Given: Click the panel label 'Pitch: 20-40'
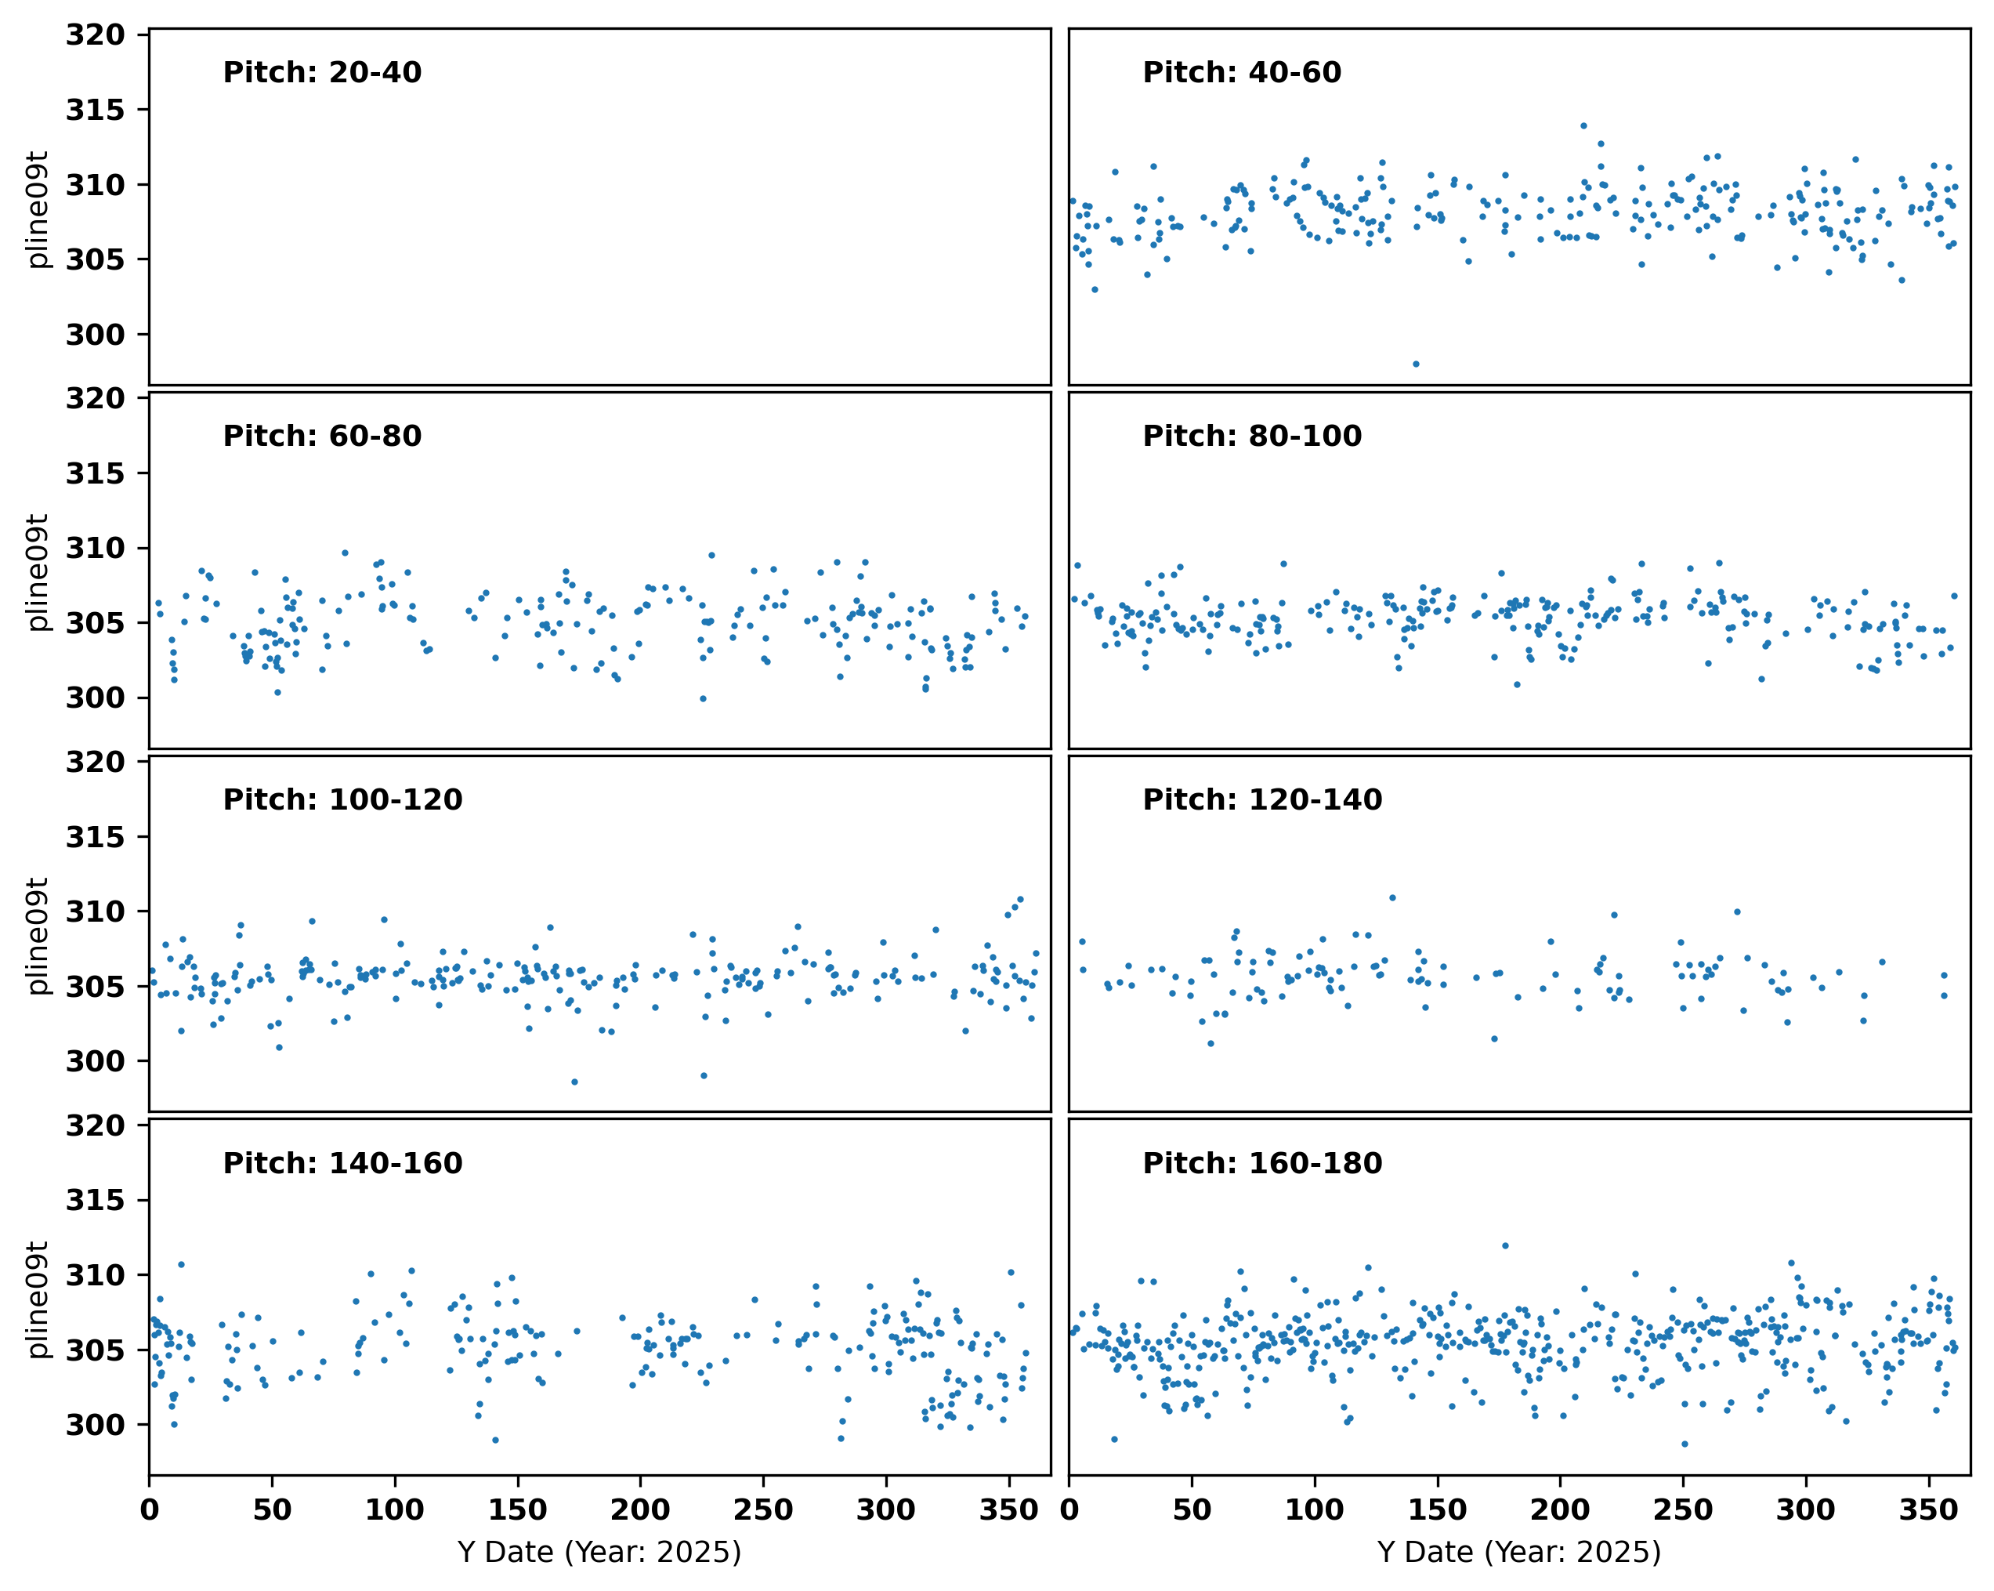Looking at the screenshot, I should (x=322, y=72).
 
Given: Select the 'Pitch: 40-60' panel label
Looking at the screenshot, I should (x=1241, y=72).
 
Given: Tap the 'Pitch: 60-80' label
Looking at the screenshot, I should (x=322, y=436).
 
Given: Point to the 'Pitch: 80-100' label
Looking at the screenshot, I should (x=1251, y=436).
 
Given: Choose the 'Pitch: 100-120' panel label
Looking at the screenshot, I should (x=342, y=799).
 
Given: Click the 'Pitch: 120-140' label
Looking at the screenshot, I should (x=1261, y=799).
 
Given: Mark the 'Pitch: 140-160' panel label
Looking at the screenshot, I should (x=342, y=1163).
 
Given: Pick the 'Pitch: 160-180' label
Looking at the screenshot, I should (x=1261, y=1163).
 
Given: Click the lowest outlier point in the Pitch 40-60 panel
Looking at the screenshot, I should (x=1416, y=364).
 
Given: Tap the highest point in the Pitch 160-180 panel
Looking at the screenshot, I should (x=1506, y=1246).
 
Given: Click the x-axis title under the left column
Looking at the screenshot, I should (x=599, y=1552).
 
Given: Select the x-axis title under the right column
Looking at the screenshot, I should (x=1518, y=1552).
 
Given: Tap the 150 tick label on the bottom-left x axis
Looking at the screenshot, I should (x=517, y=1510).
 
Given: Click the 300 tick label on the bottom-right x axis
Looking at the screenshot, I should (x=1805, y=1510).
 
